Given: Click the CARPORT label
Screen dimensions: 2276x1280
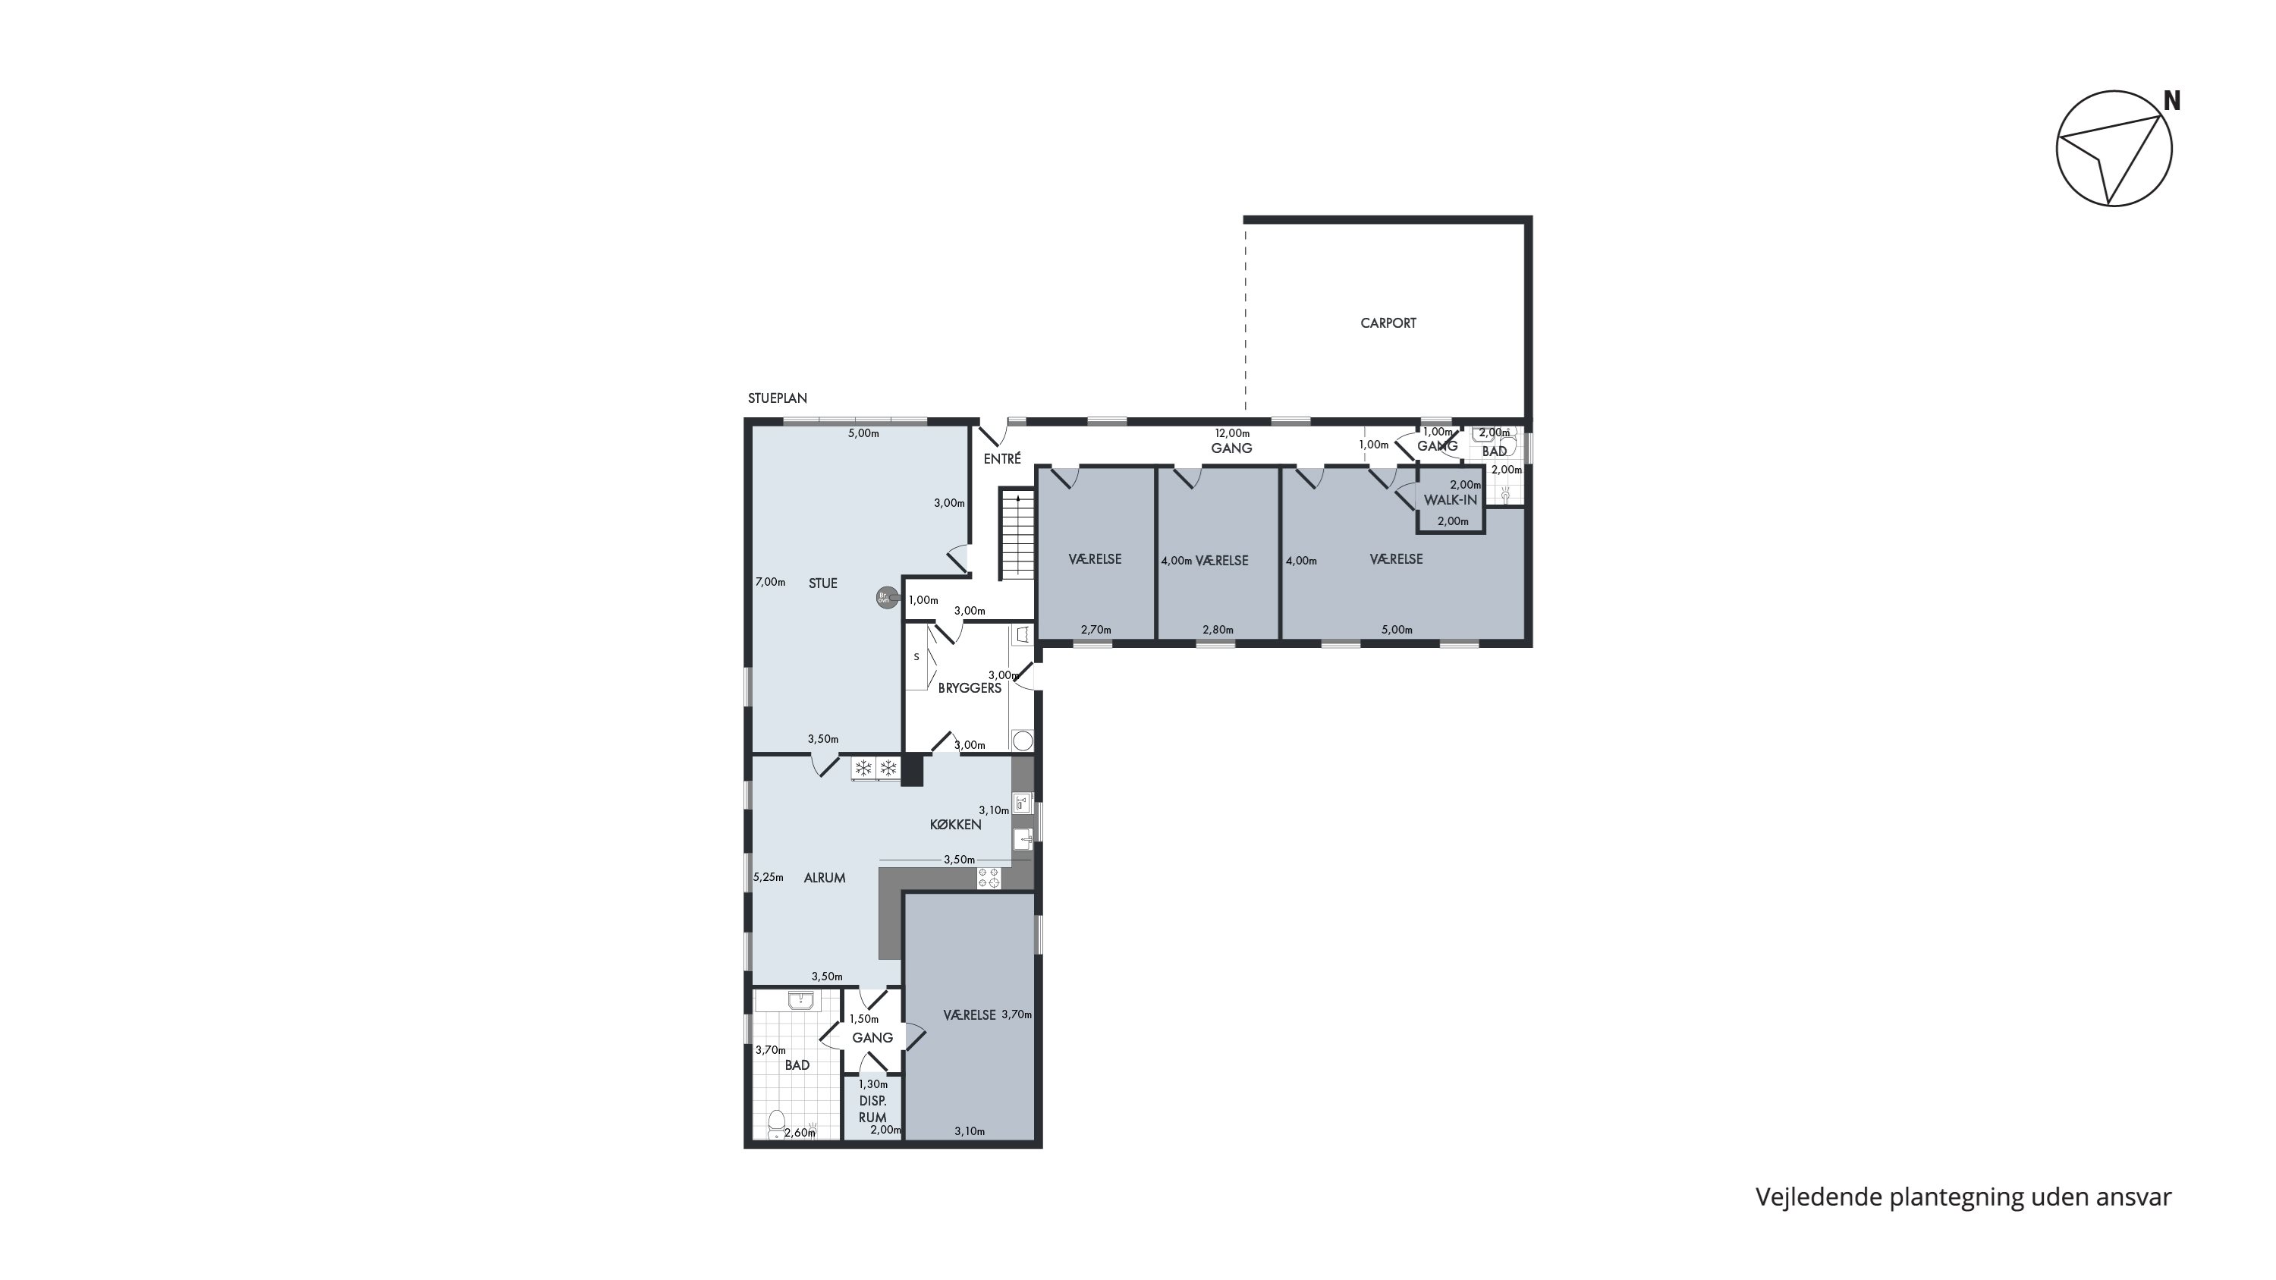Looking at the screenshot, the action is [1388, 323].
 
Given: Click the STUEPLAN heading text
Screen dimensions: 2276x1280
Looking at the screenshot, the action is [778, 398].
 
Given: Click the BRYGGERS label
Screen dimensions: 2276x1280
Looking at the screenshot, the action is [970, 688].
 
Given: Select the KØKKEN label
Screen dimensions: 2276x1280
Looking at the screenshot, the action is [955, 825].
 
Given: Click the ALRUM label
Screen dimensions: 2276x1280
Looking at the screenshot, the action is [825, 878].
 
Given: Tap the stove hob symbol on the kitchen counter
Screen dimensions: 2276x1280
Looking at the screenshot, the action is [989, 878].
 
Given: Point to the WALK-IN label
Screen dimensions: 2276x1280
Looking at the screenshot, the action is [1450, 500].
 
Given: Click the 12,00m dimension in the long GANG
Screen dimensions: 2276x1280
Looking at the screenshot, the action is [1233, 434].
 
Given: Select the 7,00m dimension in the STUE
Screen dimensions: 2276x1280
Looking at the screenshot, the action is [771, 582].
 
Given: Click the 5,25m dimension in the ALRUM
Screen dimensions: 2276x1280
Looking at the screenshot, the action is [769, 877].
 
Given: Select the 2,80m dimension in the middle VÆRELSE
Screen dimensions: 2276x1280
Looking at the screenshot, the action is [1218, 630].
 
